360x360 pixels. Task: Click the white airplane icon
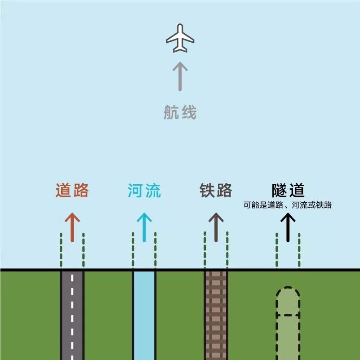tap(180, 38)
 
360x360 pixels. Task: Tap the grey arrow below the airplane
tap(180, 76)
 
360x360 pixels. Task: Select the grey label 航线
tap(180, 112)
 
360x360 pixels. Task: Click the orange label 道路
tap(72, 191)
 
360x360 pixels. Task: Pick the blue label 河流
tap(144, 191)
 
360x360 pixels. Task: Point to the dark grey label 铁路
tap(216, 191)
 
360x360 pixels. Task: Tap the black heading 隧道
tap(288, 191)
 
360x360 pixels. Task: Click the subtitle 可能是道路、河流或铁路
tap(288, 205)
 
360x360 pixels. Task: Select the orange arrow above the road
tap(72, 227)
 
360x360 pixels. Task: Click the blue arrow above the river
tap(144, 227)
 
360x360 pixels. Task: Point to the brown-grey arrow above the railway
tap(216, 227)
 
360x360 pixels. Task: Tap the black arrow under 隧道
tap(288, 227)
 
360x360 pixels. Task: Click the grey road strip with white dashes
tap(72, 315)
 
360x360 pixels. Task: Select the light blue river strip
tap(144, 315)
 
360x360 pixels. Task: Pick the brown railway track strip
tap(216, 315)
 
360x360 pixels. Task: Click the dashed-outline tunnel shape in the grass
tap(288, 333)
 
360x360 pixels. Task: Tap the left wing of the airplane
tap(172, 40)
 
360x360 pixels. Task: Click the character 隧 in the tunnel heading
tap(280, 191)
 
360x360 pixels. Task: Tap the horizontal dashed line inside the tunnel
tap(288, 315)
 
